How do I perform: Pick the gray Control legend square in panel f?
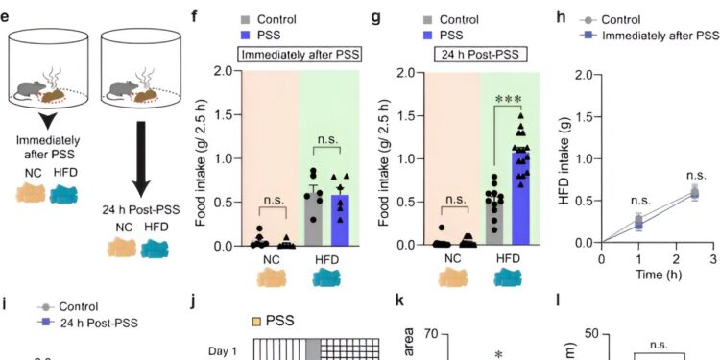point(229,18)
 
